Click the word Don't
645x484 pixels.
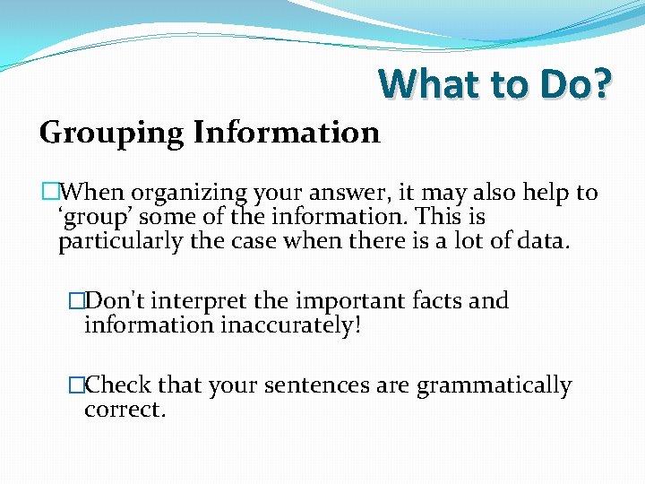coord(112,300)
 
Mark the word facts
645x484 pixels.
coord(438,300)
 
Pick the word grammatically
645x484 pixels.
coord(494,386)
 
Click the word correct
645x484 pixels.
coord(125,410)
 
